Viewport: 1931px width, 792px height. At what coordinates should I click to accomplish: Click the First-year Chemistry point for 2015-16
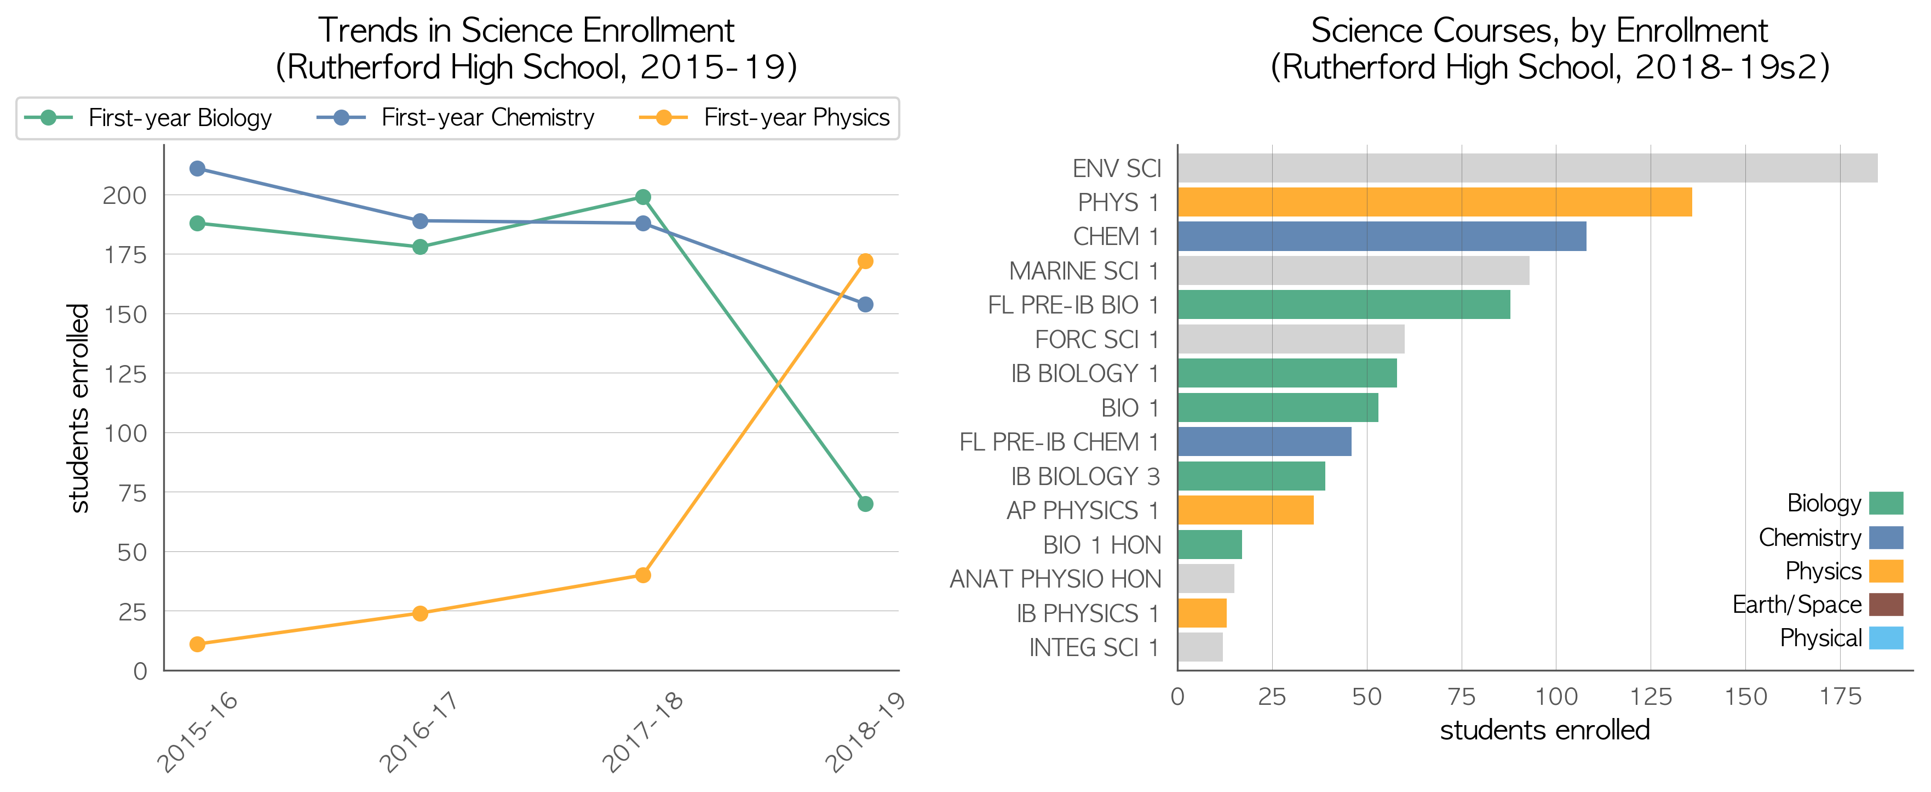click(197, 169)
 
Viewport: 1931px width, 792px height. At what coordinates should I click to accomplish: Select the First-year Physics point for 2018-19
click(865, 261)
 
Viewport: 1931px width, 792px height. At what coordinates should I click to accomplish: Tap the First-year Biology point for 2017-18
click(642, 197)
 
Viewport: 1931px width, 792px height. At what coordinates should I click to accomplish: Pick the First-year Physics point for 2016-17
click(420, 613)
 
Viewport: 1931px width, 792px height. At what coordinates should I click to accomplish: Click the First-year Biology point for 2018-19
click(865, 504)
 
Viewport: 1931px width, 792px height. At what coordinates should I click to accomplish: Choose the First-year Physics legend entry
click(764, 118)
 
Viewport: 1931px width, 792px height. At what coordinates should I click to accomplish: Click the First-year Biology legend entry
click(148, 118)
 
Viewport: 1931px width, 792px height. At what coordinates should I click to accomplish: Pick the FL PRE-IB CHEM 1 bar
click(1264, 442)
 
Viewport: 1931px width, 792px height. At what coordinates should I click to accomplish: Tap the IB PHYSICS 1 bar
click(1202, 613)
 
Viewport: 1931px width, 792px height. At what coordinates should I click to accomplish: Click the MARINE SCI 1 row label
click(1084, 271)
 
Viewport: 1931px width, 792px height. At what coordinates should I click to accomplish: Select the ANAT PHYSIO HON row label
click(1055, 579)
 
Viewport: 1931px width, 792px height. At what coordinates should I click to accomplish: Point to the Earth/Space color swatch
click(1886, 605)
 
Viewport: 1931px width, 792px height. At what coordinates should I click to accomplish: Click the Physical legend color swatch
click(1886, 638)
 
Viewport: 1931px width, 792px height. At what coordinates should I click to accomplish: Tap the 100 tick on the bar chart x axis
click(1556, 697)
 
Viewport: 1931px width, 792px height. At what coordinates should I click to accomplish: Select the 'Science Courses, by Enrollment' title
click(1539, 31)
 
